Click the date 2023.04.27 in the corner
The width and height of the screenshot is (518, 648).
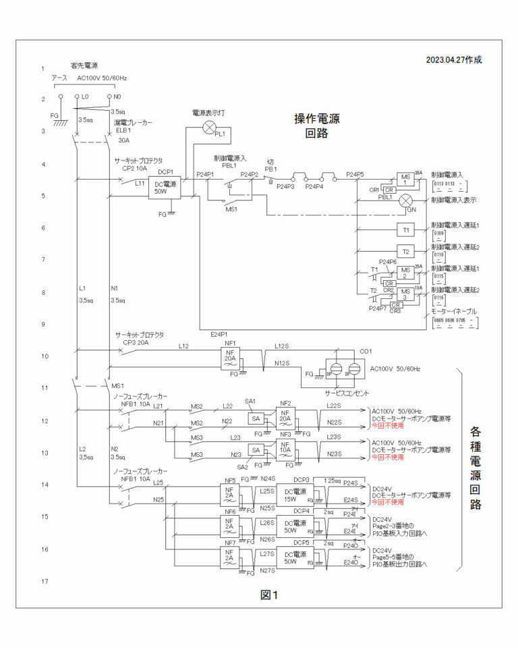tap(454, 59)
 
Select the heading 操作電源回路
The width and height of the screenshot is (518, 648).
tap(316, 126)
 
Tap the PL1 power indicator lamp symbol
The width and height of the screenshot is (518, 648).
tap(210, 126)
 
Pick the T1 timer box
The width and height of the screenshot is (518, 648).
tap(406, 230)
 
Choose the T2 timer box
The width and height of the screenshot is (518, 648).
tap(406, 251)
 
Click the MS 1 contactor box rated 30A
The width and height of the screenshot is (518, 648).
tap(406, 180)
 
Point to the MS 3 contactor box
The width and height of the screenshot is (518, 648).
tap(406, 294)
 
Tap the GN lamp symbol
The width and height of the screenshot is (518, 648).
tap(406, 201)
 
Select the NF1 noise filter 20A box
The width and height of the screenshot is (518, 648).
tap(231, 358)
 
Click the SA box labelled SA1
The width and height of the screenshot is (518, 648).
tap(256, 418)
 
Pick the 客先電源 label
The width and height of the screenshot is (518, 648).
tap(84, 65)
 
